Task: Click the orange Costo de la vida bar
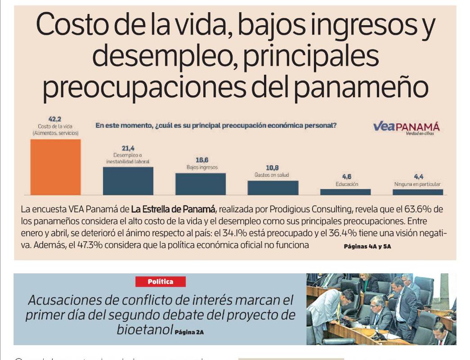click(x=55, y=167)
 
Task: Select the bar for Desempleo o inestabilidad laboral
click(x=128, y=181)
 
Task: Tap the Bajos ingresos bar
click(x=201, y=184)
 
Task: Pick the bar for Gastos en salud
click(x=273, y=188)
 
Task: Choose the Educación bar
click(x=345, y=192)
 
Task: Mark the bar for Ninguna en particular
click(x=418, y=192)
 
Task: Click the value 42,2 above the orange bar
click(x=55, y=119)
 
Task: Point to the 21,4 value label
click(x=128, y=148)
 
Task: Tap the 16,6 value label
click(x=202, y=160)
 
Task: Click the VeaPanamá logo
click(x=406, y=128)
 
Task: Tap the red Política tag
click(x=161, y=282)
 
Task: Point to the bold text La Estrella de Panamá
click(x=173, y=209)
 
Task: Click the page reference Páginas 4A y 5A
click(x=367, y=247)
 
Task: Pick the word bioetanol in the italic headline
click(x=145, y=329)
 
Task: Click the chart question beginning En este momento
click(x=216, y=126)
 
